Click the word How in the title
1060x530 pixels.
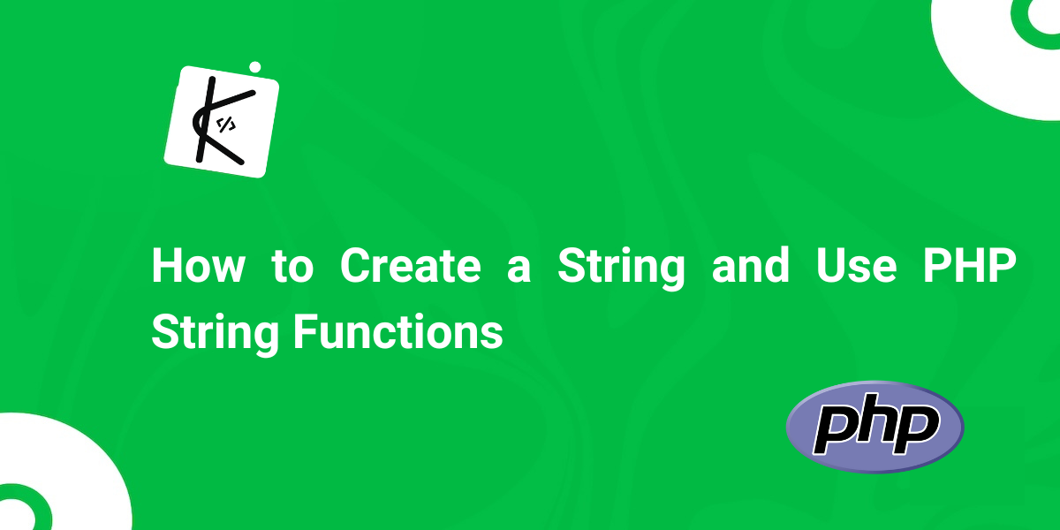click(x=199, y=266)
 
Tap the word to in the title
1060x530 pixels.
click(x=292, y=267)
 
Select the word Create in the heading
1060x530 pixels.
click(x=410, y=266)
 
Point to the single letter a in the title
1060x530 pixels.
click(x=519, y=270)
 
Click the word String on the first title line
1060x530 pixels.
click(x=621, y=268)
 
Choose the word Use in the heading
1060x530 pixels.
click(x=856, y=266)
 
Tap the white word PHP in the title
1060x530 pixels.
click(x=970, y=266)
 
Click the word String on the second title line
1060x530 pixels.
click(x=216, y=334)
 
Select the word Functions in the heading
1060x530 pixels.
click(x=398, y=332)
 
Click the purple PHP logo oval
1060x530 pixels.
click(x=875, y=427)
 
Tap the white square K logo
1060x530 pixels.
click(x=222, y=122)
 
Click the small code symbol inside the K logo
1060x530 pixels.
click(x=226, y=125)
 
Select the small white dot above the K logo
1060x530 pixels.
click(x=255, y=67)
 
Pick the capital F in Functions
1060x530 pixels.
click(x=306, y=332)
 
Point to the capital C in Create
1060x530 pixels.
click(x=356, y=266)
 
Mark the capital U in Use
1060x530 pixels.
click(x=830, y=266)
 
